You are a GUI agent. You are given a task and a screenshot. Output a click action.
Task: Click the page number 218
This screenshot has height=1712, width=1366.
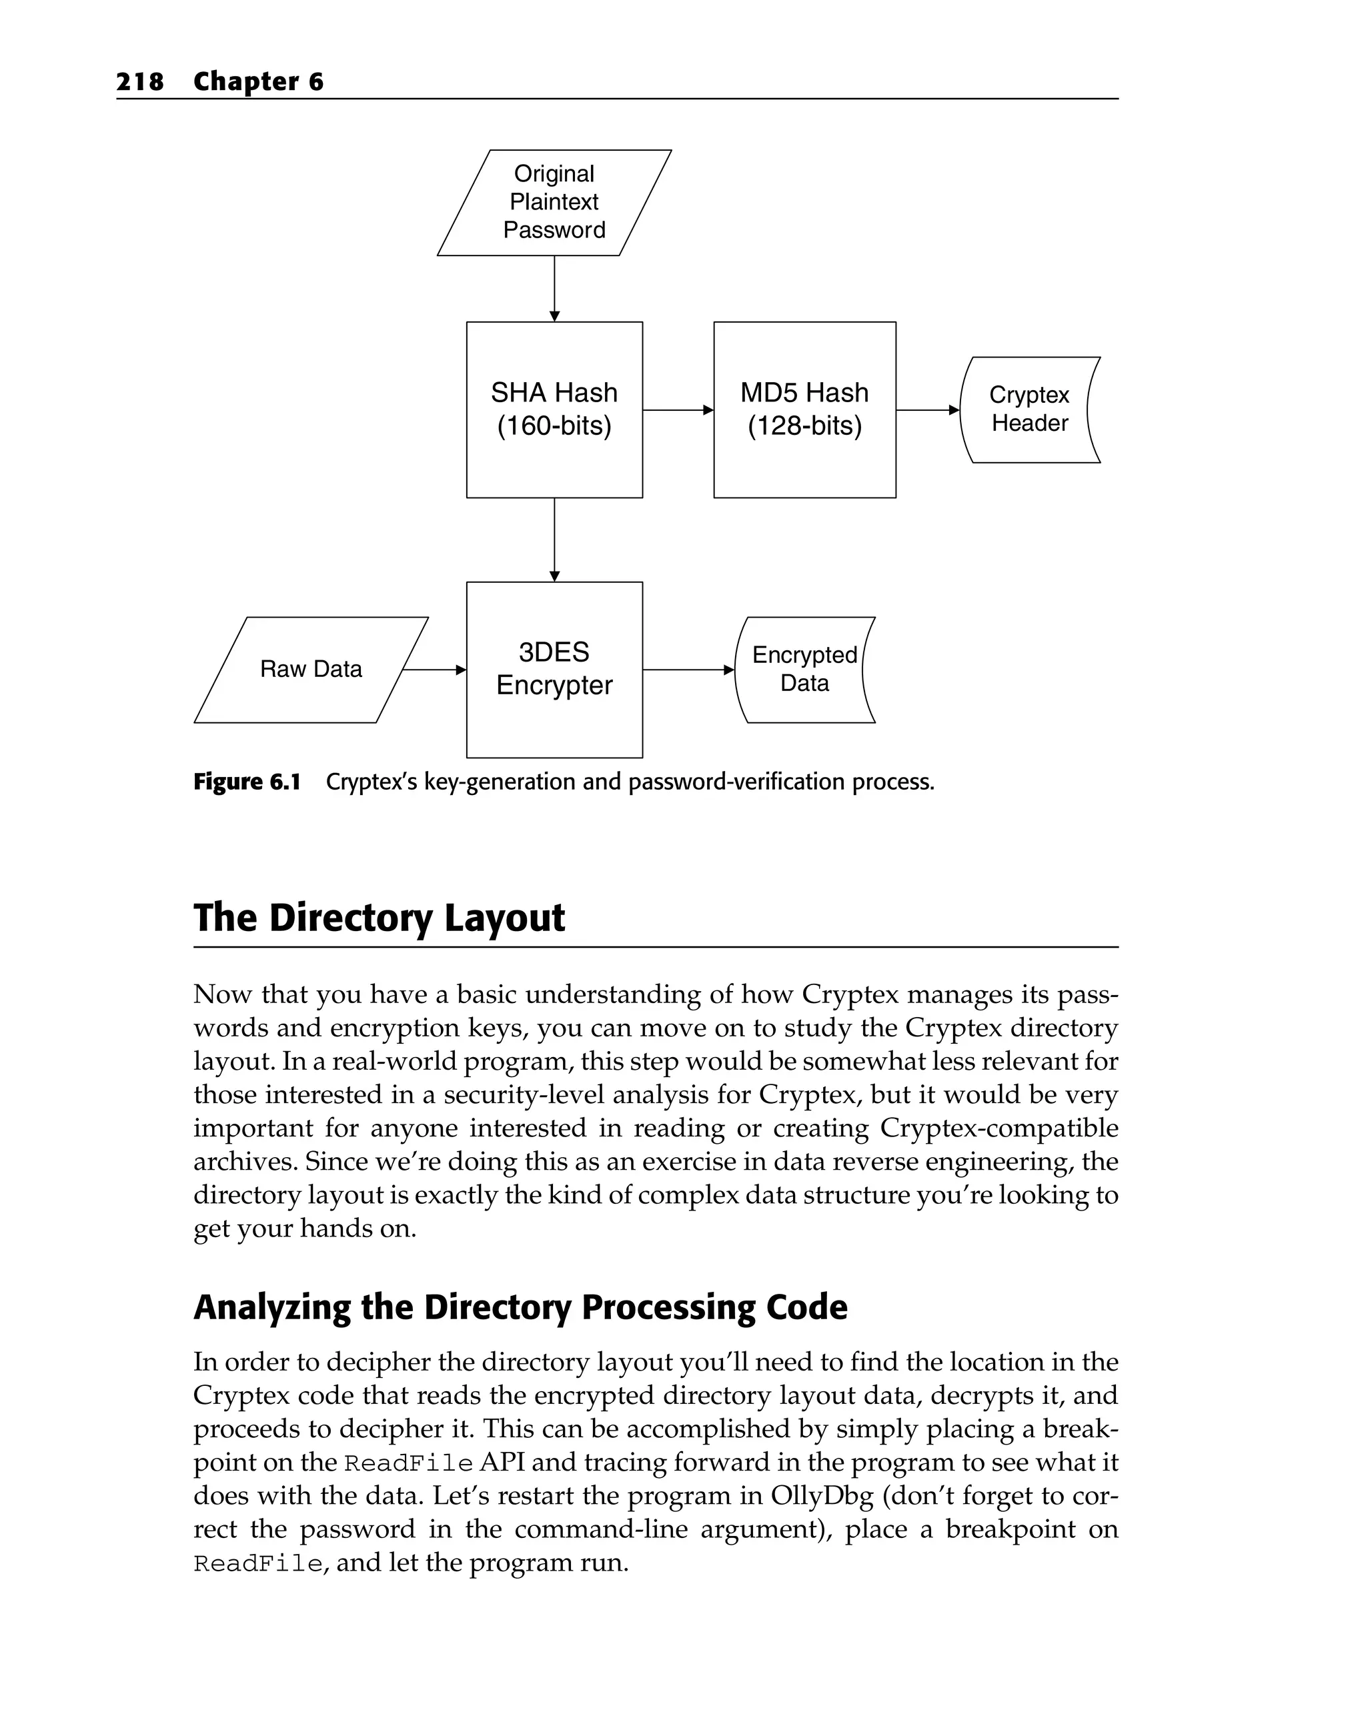[140, 82]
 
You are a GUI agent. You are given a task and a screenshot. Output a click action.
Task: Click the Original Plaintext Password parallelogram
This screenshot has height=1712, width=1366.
[554, 203]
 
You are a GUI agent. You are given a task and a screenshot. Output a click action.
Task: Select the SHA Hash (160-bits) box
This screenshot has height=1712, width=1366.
[554, 409]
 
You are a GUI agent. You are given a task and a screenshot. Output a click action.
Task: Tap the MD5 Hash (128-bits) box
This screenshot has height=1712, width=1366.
[804, 409]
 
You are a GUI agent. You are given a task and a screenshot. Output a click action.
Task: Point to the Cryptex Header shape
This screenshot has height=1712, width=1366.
[1029, 409]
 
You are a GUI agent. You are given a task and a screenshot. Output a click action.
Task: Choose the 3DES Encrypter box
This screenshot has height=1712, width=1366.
[554, 670]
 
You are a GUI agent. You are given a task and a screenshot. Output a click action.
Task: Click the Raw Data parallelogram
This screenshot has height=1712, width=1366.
[311, 670]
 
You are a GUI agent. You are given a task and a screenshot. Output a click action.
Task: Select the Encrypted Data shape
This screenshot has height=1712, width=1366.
[804, 670]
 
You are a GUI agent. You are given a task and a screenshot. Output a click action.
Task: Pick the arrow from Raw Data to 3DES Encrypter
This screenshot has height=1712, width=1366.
[434, 670]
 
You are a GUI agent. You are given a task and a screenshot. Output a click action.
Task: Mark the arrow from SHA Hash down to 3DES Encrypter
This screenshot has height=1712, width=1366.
[554, 540]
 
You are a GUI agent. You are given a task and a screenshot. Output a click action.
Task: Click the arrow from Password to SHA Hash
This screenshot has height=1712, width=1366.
[554, 288]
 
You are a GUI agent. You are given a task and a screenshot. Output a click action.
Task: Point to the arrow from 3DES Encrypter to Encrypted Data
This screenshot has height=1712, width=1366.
[688, 670]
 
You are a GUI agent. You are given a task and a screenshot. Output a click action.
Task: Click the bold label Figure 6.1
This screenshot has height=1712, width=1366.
[247, 782]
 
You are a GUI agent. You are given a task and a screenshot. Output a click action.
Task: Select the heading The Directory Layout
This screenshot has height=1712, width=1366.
[379, 918]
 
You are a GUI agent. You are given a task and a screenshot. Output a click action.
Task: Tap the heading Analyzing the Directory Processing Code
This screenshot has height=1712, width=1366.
[520, 1308]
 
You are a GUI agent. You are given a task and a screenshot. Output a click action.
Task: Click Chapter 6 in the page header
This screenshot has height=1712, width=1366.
[258, 82]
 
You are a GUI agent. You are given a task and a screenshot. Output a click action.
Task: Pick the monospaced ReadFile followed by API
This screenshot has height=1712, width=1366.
[408, 1463]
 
